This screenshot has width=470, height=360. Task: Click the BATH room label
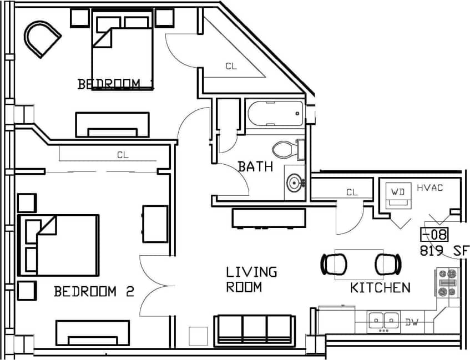(255, 166)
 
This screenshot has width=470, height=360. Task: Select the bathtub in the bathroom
(275, 114)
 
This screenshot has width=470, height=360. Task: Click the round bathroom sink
(294, 182)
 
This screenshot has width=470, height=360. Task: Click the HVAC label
(429, 187)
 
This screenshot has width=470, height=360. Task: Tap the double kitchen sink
(384, 321)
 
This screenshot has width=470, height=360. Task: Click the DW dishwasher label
(411, 322)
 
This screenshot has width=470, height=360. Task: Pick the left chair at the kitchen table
(333, 264)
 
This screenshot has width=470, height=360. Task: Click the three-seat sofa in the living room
(254, 329)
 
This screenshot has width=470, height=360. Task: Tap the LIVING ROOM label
(251, 280)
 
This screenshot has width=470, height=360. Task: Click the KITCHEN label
(380, 287)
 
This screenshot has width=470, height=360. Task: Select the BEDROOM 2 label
(94, 291)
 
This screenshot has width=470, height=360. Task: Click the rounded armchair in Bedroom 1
(42, 39)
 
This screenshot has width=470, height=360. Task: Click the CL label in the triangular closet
(231, 66)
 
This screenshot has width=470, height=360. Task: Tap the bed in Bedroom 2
(59, 245)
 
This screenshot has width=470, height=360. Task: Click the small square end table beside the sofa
(198, 336)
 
